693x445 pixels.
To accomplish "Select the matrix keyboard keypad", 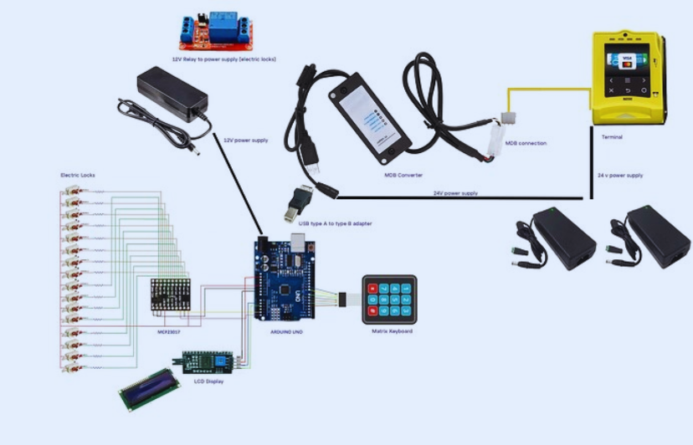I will tap(388, 299).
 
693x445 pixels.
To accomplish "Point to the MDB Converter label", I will tap(403, 175).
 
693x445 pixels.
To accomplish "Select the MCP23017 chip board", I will tap(171, 296).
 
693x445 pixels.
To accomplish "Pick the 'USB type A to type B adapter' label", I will tap(337, 223).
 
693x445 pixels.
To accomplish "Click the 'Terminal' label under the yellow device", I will tap(612, 136).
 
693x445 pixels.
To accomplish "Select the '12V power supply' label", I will tap(247, 140).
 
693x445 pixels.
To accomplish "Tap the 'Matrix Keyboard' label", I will tap(392, 331).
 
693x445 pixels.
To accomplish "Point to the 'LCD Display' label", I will tap(208, 381).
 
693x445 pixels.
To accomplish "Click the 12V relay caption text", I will tap(223, 59).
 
